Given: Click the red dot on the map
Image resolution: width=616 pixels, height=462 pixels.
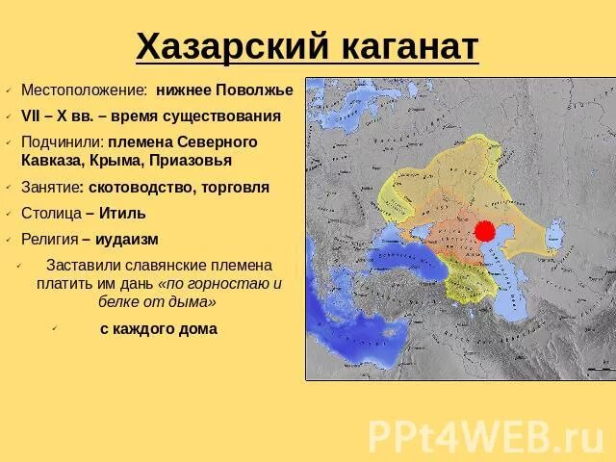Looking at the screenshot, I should (x=484, y=231).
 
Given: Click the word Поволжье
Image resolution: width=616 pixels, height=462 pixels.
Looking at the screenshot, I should (x=251, y=90).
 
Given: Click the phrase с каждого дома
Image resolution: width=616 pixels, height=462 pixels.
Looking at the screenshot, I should (x=158, y=328).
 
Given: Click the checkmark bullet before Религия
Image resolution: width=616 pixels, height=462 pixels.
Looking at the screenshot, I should (x=9, y=240).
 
